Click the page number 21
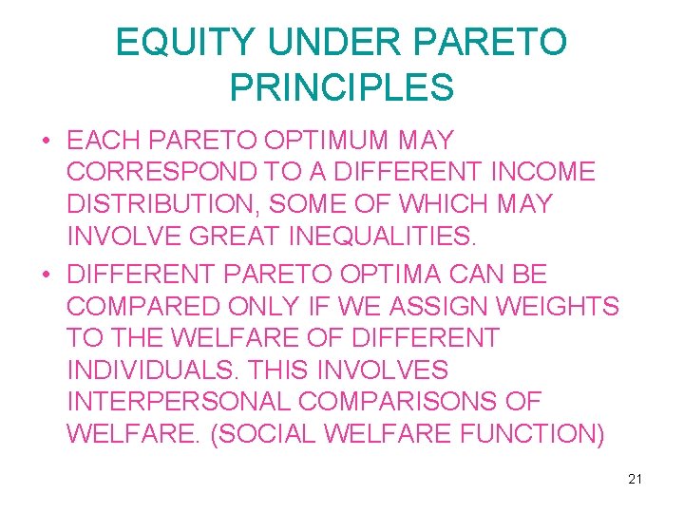coord(635,479)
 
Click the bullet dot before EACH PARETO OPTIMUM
coord(46,141)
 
